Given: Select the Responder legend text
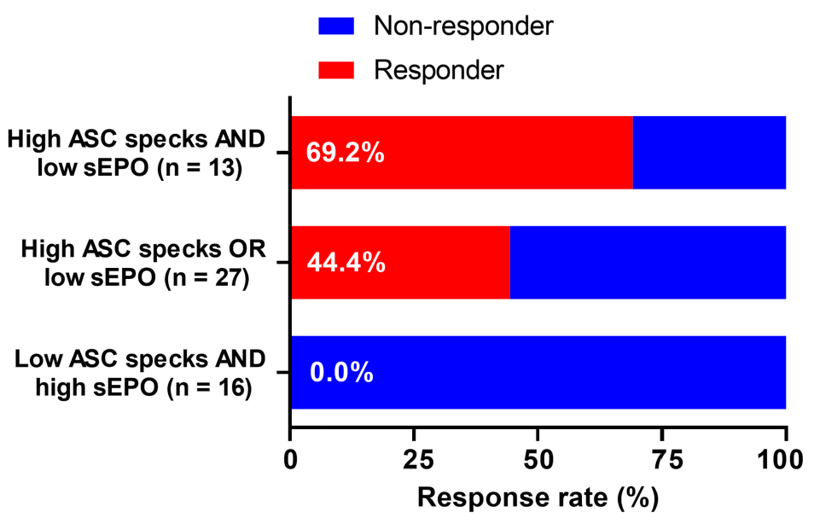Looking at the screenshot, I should pos(439,69).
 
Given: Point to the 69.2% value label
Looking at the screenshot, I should pos(346,155).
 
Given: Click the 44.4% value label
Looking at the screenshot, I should pos(346,264).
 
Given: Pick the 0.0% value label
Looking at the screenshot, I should pos(341,373).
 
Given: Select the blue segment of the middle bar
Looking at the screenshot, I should pos(647,263).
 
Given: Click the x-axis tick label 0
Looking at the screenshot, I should pos(291,462).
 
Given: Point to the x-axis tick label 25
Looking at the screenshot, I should pos(414,462).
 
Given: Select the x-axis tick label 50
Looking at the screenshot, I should pos(538,462).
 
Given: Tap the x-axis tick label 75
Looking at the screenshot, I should pos(661,462).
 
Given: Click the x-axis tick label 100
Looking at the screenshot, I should pos(784,462).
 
